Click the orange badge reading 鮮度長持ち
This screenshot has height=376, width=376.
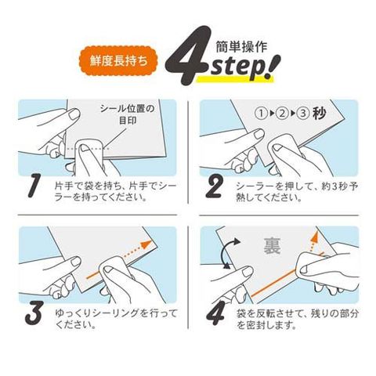118,61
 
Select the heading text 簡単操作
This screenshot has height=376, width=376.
241,47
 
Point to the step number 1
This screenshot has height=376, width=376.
34,186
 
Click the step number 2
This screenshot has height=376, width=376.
214,186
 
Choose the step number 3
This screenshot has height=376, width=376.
34,313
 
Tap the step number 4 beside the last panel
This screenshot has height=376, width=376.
215,313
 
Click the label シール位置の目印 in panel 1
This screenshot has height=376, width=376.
128,114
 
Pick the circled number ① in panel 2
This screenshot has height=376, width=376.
260,114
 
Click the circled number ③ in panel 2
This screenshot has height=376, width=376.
303,114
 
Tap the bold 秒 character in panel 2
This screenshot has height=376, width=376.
320,113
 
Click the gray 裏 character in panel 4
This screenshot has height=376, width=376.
272,247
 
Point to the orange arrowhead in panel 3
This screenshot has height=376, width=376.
146,245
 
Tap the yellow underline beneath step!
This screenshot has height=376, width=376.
235,79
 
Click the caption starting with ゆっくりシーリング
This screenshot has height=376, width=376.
116,319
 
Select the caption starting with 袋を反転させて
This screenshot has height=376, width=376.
298,319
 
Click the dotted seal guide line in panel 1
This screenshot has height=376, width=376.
88,148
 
